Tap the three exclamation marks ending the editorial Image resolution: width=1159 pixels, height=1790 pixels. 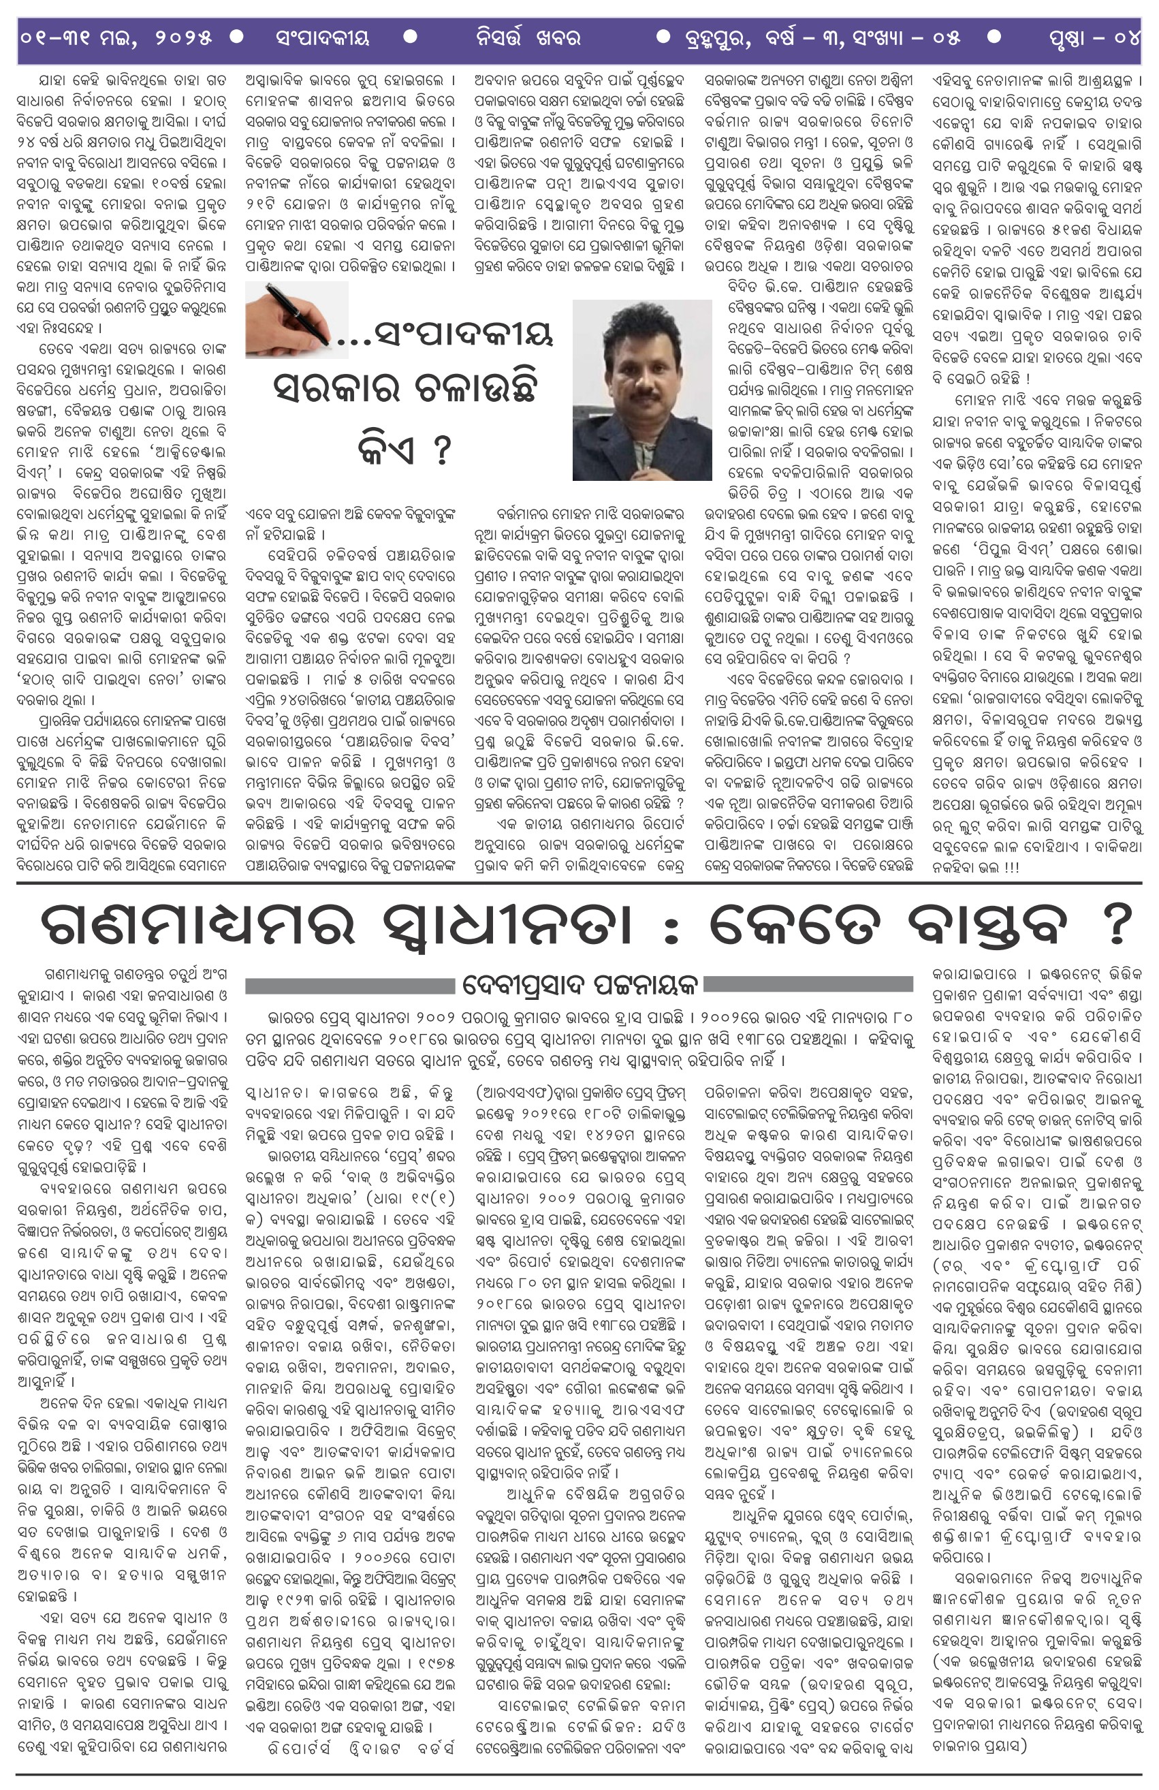click(1010, 866)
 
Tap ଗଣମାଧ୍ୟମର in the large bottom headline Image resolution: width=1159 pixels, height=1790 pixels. click(197, 926)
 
